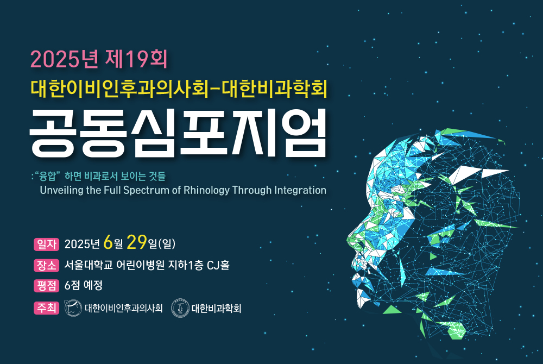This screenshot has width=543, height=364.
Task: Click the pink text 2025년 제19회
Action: tap(99, 59)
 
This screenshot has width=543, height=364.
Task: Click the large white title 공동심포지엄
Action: tap(178, 133)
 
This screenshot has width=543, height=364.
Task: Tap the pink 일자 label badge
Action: tap(46, 244)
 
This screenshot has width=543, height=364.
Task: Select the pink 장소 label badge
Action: tap(46, 265)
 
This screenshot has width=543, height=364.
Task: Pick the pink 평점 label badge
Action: tap(46, 286)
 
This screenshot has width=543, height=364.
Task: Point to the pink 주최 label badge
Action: tap(46, 308)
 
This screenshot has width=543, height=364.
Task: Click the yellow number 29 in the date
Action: tap(137, 242)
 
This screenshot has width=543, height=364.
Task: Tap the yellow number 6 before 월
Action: tap(108, 242)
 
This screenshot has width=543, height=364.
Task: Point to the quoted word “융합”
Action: tap(47, 176)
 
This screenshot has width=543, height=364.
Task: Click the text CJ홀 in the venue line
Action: tap(218, 265)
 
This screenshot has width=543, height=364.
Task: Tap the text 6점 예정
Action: tap(84, 285)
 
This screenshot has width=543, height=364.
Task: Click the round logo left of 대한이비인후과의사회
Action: tap(73, 308)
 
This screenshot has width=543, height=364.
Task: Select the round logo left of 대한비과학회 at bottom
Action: tap(180, 308)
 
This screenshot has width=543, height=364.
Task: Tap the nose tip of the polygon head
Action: tap(348, 240)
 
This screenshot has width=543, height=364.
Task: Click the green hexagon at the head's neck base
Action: tap(457, 331)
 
